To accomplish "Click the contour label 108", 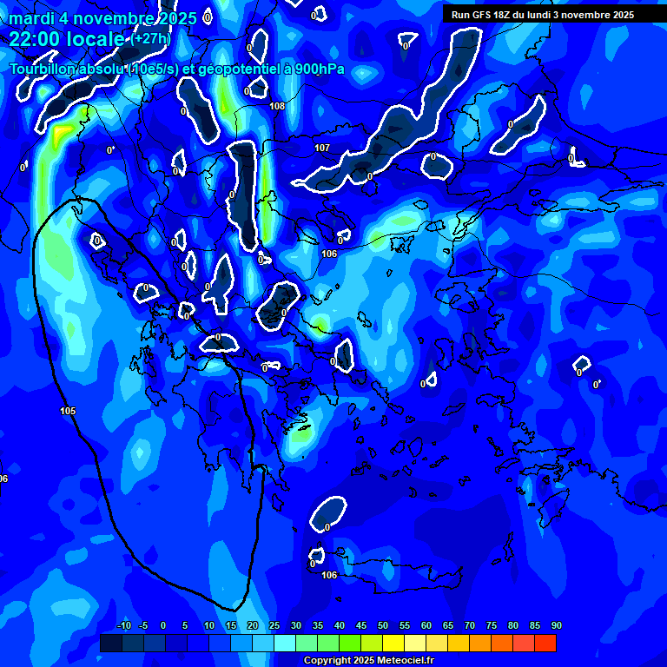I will [277, 107].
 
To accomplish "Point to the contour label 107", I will [322, 149].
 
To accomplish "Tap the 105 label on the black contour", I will [68, 411].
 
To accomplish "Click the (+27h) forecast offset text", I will [150, 39].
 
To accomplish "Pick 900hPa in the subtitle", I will [314, 69].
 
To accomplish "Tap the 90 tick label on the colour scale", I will [556, 625].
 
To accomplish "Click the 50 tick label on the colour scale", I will [382, 625].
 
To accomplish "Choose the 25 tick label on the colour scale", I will [274, 625].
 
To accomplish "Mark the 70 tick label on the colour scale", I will [469, 625].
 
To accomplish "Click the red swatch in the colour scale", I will [545, 643].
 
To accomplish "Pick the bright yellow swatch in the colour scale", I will [393, 643].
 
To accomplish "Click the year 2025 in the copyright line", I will [360, 661].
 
